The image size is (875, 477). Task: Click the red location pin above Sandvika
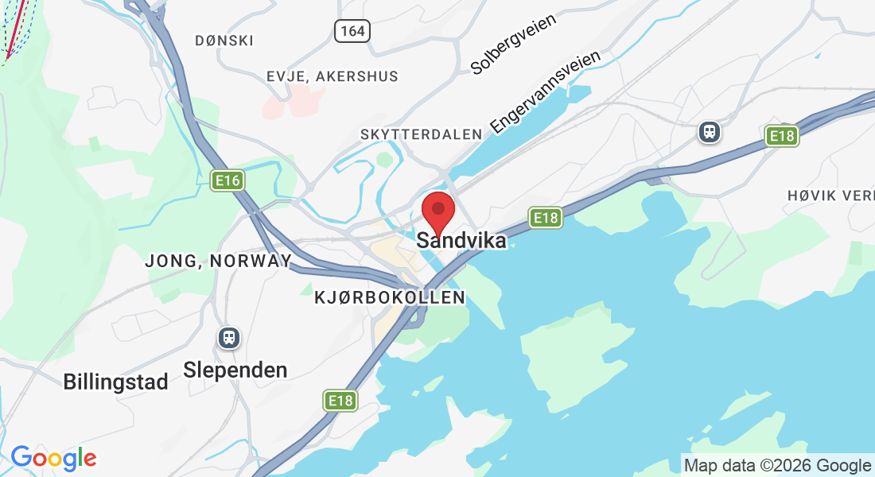pyautogui.click(x=437, y=211)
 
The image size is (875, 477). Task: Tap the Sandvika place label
pyautogui.click(x=461, y=240)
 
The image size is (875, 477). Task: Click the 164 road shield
pyautogui.click(x=351, y=31)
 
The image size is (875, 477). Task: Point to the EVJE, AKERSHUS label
pyautogui.click(x=332, y=76)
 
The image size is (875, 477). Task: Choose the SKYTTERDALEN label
pyautogui.click(x=422, y=134)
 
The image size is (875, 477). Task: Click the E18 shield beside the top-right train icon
pyautogui.click(x=782, y=136)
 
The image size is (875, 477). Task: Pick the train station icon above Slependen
pyautogui.click(x=229, y=337)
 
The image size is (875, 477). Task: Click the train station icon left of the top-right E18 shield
pyautogui.click(x=709, y=132)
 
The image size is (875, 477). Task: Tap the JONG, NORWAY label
pyautogui.click(x=218, y=261)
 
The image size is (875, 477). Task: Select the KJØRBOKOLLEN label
pyautogui.click(x=390, y=297)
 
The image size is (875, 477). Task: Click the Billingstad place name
pyautogui.click(x=116, y=382)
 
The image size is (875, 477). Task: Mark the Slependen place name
pyautogui.click(x=235, y=370)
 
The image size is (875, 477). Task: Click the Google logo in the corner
pyautogui.click(x=53, y=458)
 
